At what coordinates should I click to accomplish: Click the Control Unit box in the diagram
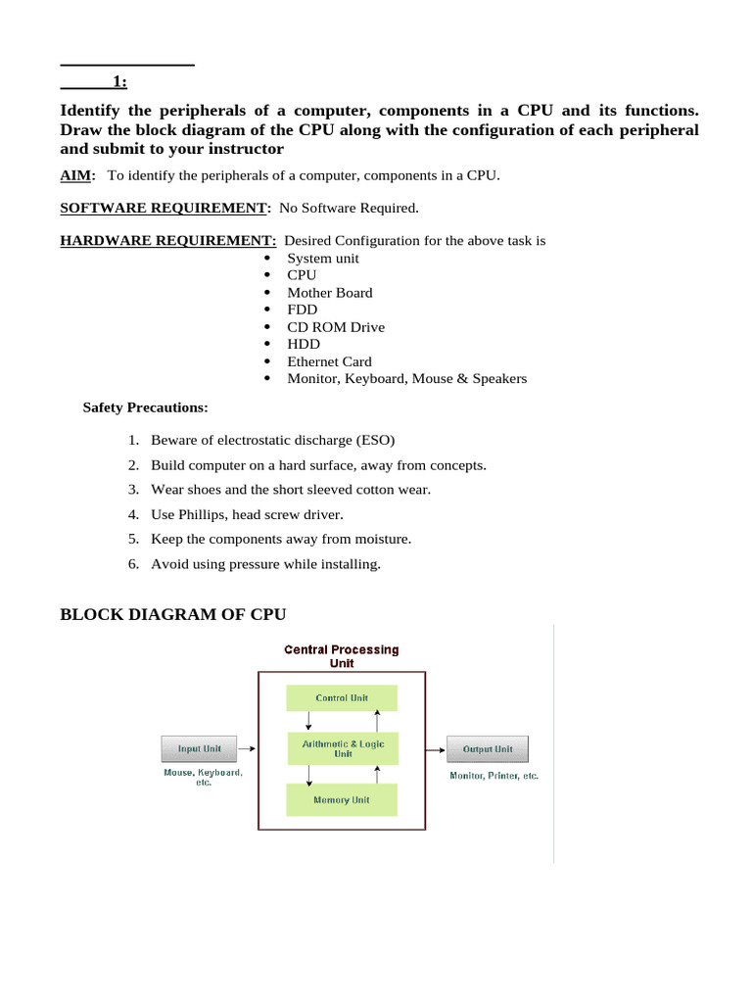pos(342,697)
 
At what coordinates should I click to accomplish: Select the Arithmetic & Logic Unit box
pos(342,748)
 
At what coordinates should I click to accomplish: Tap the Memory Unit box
pos(342,800)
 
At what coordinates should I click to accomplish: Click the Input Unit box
pos(199,749)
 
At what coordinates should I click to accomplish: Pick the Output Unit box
pos(487,749)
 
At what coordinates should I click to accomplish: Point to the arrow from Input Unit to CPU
pos(248,749)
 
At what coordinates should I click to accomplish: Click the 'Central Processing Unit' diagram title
pos(341,656)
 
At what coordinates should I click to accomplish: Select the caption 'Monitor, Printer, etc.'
pos(493,776)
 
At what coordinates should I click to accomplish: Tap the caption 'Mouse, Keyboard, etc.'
pos(203,778)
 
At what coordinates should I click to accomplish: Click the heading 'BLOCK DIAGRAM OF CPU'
pos(173,614)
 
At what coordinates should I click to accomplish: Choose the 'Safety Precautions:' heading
pos(145,406)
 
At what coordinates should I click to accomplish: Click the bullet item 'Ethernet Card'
pos(329,361)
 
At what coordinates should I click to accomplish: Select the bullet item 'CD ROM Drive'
pos(336,327)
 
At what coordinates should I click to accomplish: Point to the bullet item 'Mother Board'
pos(329,293)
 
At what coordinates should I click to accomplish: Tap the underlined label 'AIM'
pos(76,175)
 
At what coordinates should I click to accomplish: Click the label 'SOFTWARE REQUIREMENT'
pos(164,208)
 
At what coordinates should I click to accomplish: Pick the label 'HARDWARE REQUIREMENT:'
pos(168,241)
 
